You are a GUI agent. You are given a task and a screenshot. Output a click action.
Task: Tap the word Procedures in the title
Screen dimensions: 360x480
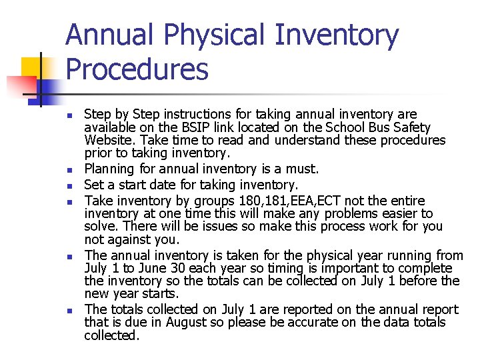coord(137,69)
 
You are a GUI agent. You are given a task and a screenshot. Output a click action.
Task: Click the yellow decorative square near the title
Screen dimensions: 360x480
coord(31,69)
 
